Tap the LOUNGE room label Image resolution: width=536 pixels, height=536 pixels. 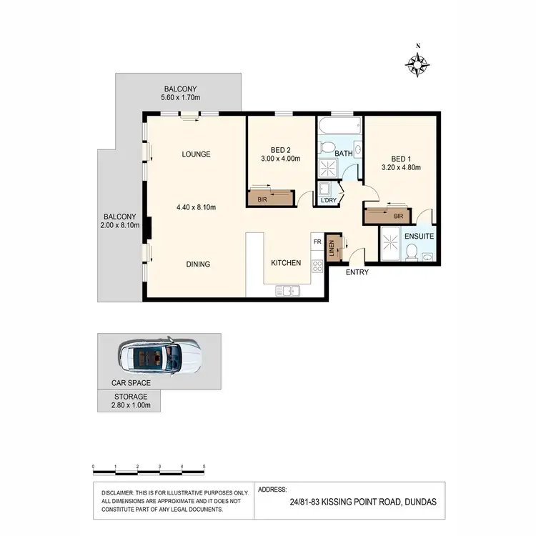[x=195, y=154]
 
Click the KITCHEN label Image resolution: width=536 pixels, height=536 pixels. [x=286, y=263]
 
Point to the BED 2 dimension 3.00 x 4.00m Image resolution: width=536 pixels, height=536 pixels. [x=281, y=160]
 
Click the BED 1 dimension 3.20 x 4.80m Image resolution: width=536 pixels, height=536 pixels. [x=400, y=168]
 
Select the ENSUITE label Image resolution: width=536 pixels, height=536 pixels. [x=419, y=235]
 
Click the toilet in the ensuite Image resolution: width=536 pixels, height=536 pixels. [x=412, y=251]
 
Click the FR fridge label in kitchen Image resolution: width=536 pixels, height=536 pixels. [x=317, y=243]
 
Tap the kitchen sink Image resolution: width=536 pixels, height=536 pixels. [x=290, y=290]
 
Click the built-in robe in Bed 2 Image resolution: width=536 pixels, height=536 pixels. [x=270, y=198]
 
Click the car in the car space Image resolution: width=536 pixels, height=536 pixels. [x=159, y=355]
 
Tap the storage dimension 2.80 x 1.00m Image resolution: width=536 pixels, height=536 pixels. [x=129, y=405]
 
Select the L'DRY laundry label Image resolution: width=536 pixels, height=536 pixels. [x=329, y=200]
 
